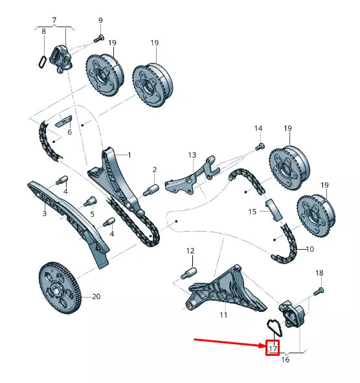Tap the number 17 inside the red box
coord(273,347)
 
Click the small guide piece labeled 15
coord(273,208)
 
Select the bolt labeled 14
coord(260,146)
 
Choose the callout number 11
coord(223,315)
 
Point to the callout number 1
coord(129,155)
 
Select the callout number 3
coord(44,213)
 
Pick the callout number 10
coord(309,249)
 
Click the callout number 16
coord(286,359)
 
